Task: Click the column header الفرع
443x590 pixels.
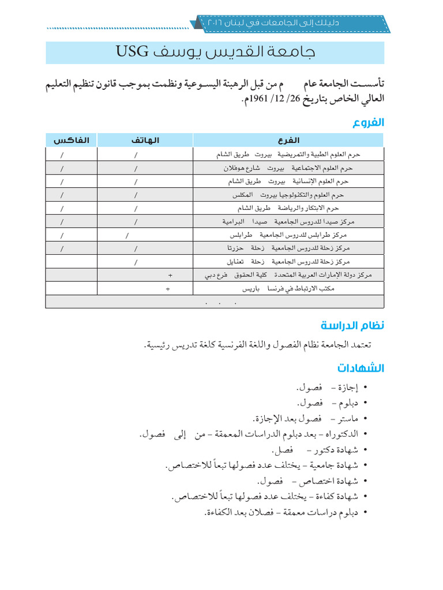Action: click(288, 140)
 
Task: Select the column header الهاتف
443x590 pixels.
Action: click(145, 140)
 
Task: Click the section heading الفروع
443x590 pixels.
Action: click(368, 122)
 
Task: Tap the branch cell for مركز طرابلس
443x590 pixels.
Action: click(288, 235)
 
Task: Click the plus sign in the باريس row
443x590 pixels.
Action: click(167, 289)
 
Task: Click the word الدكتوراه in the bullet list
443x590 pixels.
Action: click(339, 433)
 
